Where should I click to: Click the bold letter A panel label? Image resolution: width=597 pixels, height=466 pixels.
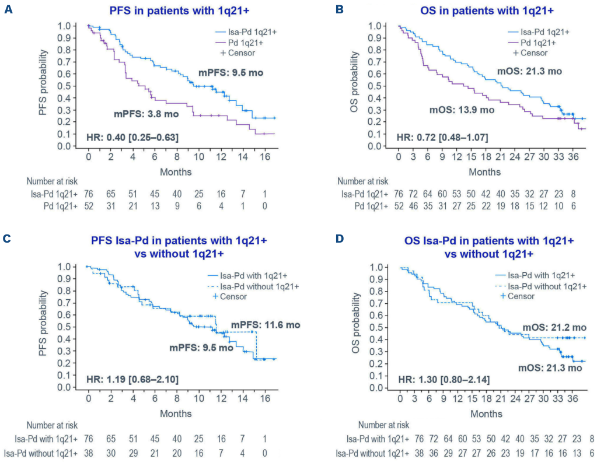point(8,10)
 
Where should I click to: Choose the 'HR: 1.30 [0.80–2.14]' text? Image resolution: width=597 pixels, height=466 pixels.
point(444,380)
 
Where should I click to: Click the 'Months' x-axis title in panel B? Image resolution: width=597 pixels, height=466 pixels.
point(485,172)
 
